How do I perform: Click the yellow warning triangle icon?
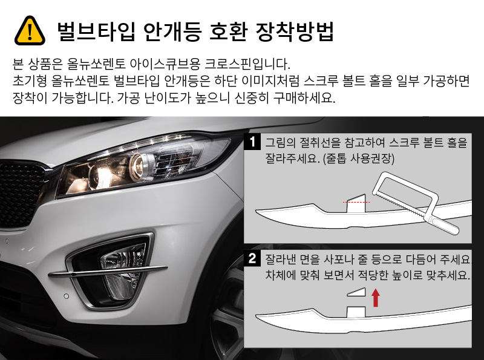click(30, 31)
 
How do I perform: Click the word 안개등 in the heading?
click(172, 31)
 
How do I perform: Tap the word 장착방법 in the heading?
click(295, 31)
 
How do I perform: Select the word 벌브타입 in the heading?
click(96, 31)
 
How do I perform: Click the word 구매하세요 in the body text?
click(304, 97)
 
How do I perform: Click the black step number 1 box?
click(252, 142)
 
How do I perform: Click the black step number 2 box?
click(252, 258)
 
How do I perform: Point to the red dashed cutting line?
click(356, 202)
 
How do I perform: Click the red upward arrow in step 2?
click(375, 297)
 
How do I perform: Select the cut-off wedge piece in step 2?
click(356, 292)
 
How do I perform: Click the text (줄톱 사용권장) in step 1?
click(358, 159)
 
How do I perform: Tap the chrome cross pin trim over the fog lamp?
click(108, 271)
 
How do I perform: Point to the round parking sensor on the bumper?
click(66, 296)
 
